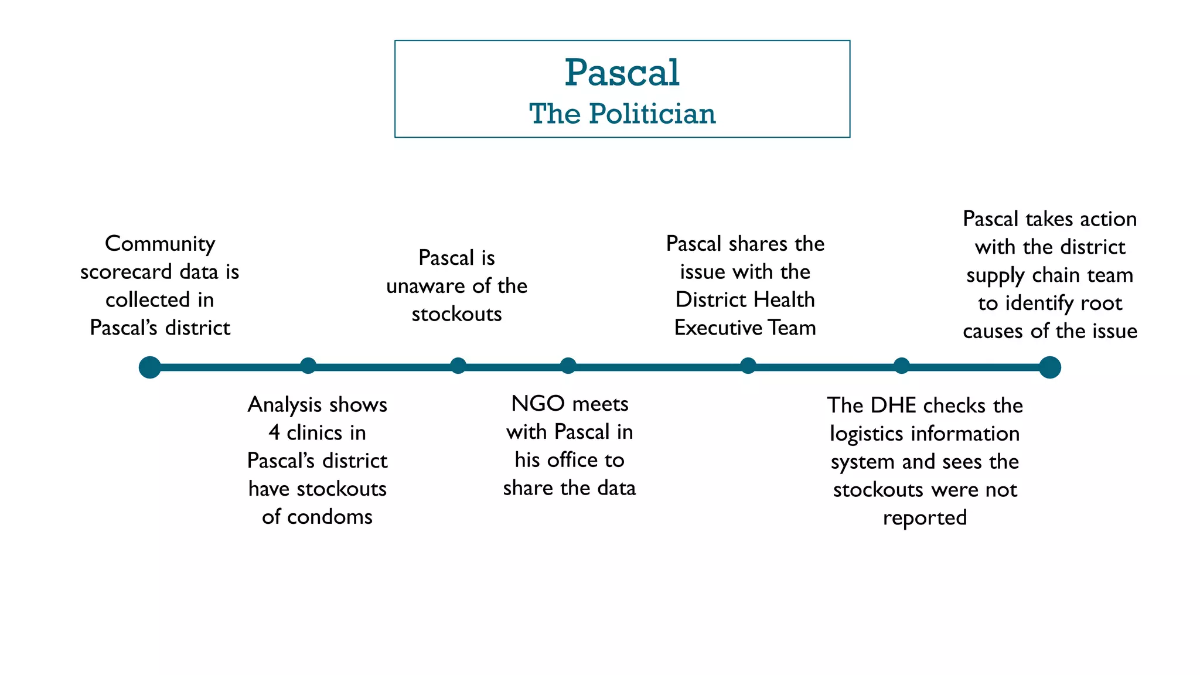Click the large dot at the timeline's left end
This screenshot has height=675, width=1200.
(x=150, y=367)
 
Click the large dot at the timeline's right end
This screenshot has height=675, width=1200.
(x=1049, y=367)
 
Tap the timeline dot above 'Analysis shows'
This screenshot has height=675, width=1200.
(x=308, y=366)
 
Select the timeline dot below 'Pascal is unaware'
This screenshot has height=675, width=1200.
(x=458, y=366)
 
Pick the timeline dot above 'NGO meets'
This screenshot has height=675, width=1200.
(x=568, y=366)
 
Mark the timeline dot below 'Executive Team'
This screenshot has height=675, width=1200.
(x=748, y=366)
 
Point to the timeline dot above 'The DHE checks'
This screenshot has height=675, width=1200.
(x=902, y=366)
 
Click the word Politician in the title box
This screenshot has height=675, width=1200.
(x=652, y=114)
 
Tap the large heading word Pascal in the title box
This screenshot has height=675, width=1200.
(x=622, y=73)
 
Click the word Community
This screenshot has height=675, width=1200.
(x=160, y=244)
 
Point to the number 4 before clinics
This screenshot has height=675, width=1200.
(x=274, y=433)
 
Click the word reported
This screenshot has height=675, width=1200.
(x=925, y=518)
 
